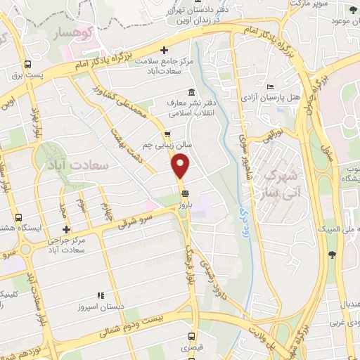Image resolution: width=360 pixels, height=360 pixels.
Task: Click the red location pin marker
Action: tap(181, 166)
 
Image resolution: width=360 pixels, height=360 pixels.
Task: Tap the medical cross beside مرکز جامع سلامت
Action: tap(165, 50)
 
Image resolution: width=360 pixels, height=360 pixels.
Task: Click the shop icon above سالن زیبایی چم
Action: tap(167, 135)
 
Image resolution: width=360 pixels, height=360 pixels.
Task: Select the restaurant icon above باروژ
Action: tap(184, 193)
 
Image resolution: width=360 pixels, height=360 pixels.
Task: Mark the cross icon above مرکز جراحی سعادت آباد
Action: tap(66, 229)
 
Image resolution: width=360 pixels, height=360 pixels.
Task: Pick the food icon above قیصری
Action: tap(186, 337)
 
